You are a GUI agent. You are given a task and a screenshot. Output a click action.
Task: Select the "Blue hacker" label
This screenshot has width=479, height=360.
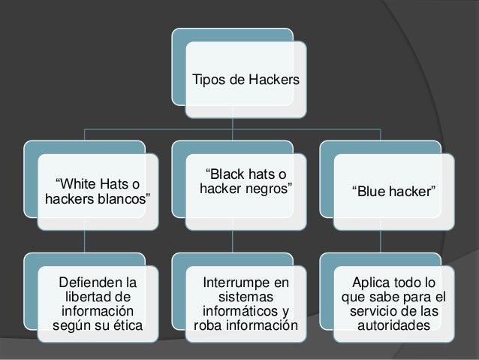(393, 191)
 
